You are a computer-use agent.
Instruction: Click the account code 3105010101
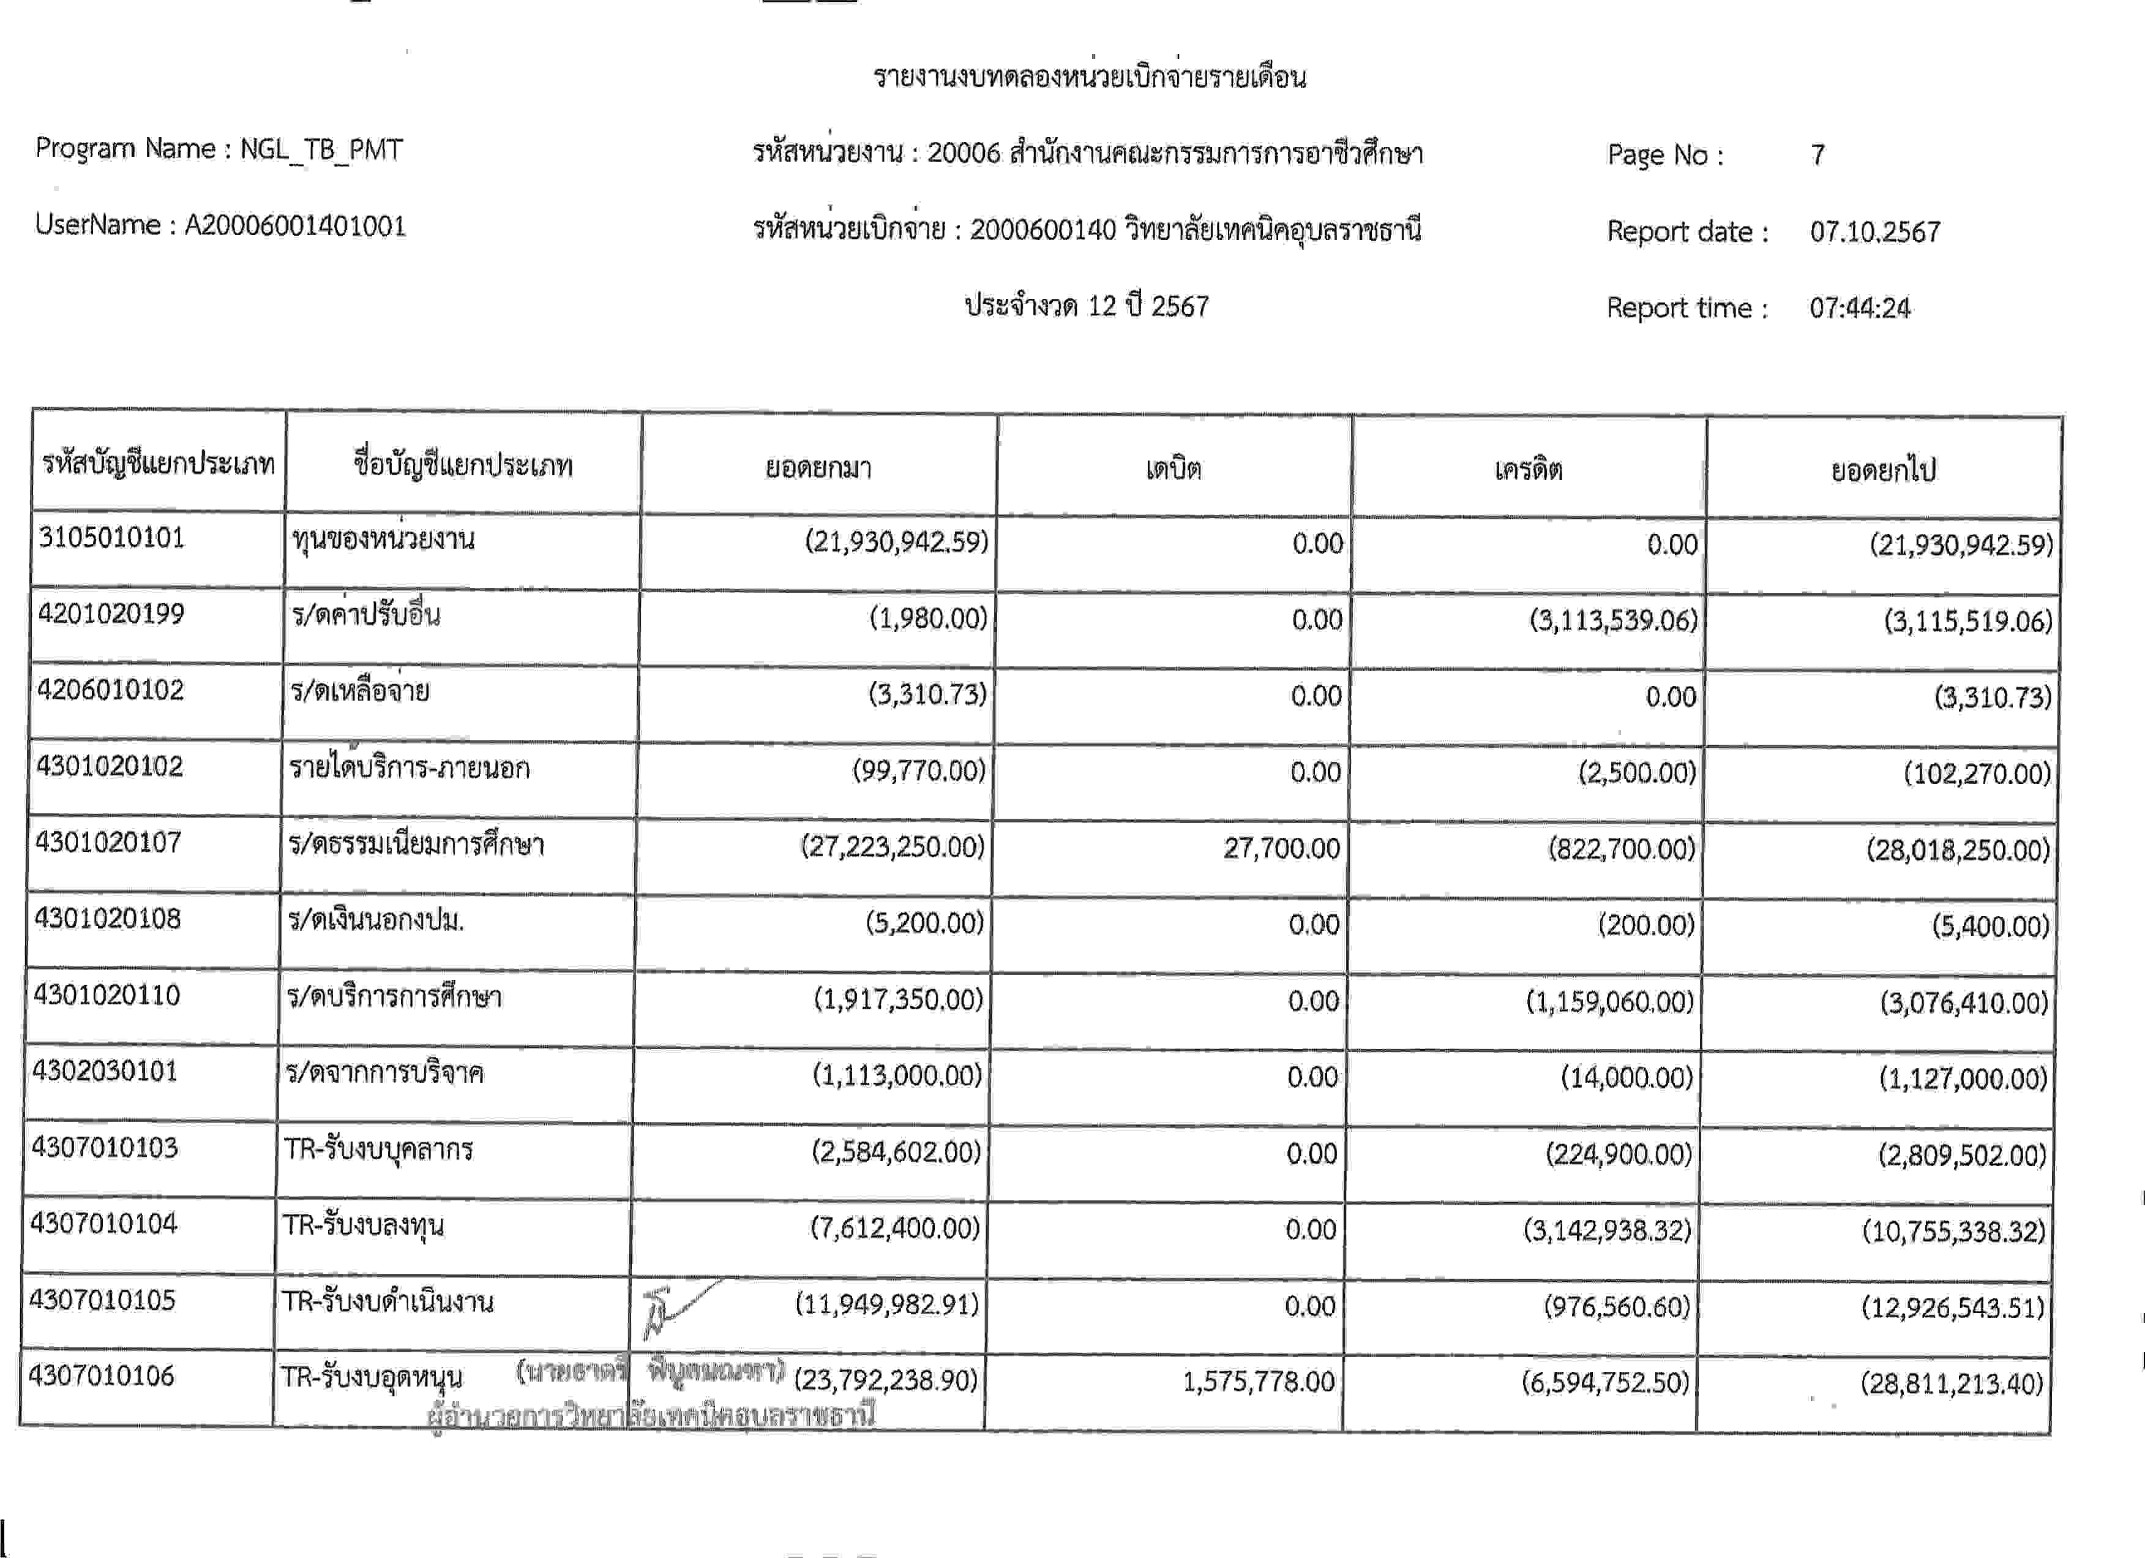click(x=111, y=538)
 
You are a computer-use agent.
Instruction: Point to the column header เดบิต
click(x=1173, y=469)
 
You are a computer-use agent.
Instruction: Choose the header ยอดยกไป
click(x=1883, y=470)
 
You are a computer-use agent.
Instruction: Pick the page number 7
click(x=1817, y=155)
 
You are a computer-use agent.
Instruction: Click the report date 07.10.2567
click(x=1874, y=231)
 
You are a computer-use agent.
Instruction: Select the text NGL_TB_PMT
click(x=321, y=149)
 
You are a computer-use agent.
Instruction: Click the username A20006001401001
click(x=295, y=226)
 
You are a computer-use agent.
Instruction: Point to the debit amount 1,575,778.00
click(x=1258, y=1382)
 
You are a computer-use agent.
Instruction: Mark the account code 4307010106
click(x=102, y=1375)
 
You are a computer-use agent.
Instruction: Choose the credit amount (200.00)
click(x=1645, y=924)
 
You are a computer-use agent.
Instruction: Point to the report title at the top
click(x=1090, y=77)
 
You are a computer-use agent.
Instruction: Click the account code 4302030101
click(x=105, y=1071)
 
